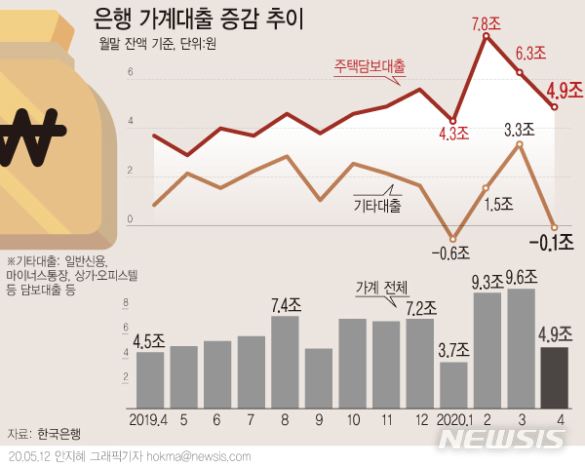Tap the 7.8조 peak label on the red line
tap(487, 21)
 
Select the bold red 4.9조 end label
tap(563, 90)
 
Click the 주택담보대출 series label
tap(370, 66)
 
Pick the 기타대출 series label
tap(376, 206)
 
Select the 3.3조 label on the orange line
tap(519, 128)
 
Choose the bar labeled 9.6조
tap(521, 347)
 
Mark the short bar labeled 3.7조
tap(453, 384)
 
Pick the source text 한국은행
tap(59, 433)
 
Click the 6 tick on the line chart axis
tap(130, 73)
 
